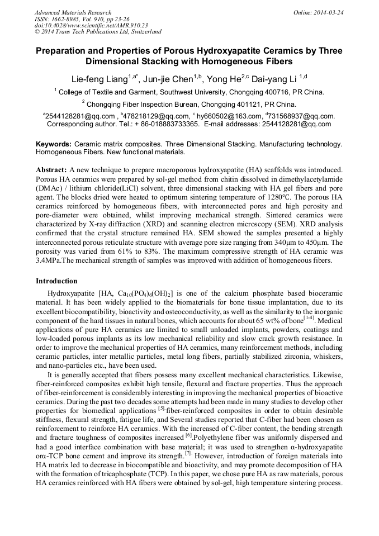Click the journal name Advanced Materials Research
[x=73, y=12]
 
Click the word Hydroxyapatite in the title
[x=218, y=51]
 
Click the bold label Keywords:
[x=54, y=144]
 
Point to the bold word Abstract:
[x=51, y=169]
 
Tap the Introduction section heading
[x=56, y=281]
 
